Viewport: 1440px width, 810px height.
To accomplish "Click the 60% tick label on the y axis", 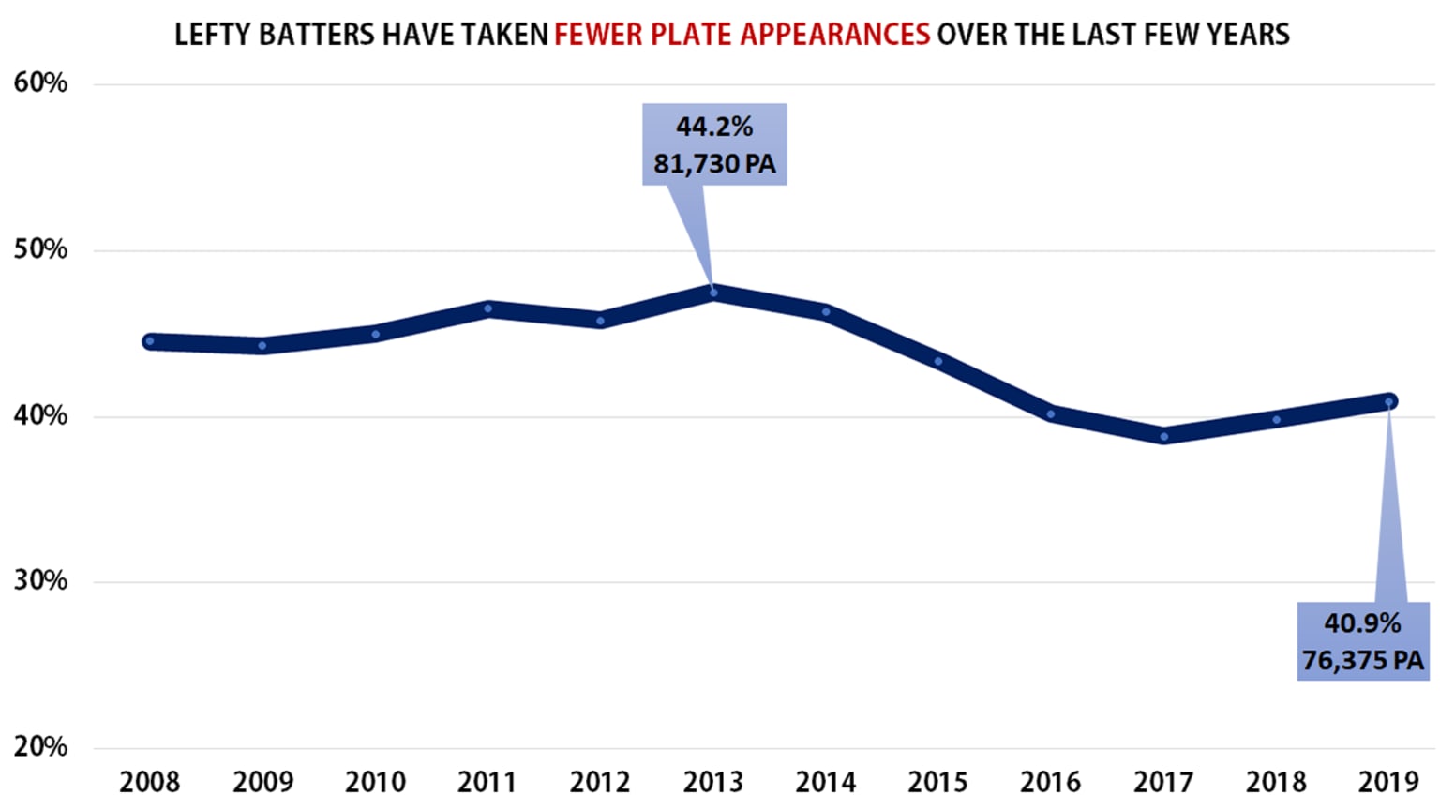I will click(40, 83).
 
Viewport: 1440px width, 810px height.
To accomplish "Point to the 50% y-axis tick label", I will click(40, 249).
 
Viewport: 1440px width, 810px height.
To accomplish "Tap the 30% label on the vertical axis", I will click(40, 581).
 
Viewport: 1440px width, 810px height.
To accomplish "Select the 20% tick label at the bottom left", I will click(40, 747).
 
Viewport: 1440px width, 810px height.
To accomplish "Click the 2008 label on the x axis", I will click(150, 782).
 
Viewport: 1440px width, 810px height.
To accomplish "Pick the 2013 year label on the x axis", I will click(713, 782).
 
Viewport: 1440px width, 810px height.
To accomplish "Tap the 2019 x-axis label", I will click(1388, 782).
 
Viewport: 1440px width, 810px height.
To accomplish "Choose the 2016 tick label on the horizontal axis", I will click(1050, 782).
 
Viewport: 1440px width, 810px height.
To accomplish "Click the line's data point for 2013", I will click(713, 293).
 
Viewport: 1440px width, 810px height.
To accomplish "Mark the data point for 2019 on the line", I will click(1389, 402).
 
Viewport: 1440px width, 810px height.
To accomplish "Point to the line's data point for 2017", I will click(1163, 436).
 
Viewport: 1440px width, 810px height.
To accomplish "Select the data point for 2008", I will click(150, 341).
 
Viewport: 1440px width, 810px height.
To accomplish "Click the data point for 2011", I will click(488, 308).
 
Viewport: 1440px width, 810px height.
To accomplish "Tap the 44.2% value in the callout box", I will click(714, 127).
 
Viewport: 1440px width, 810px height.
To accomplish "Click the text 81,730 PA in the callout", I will click(714, 164).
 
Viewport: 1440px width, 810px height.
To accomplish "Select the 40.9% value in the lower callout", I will click(1362, 623).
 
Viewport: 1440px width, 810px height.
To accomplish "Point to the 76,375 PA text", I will click(1362, 661).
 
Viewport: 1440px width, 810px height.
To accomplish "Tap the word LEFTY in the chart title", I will click(213, 35).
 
